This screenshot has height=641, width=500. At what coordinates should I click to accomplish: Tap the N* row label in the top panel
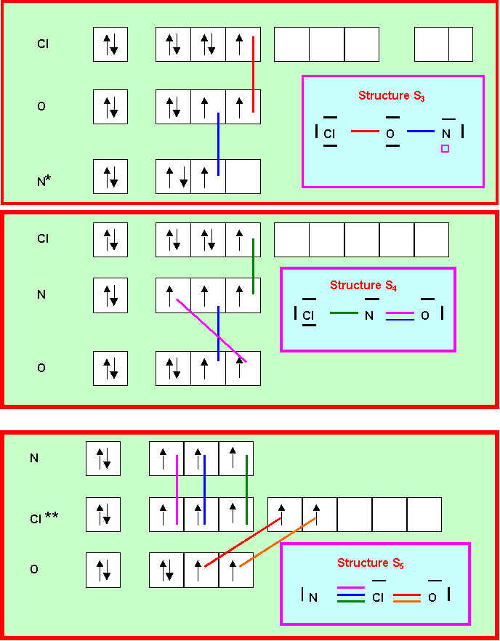pyautogui.click(x=44, y=178)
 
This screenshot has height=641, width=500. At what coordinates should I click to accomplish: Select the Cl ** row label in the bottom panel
pyautogui.click(x=44, y=517)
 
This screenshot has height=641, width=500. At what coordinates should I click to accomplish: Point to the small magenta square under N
pyautogui.click(x=445, y=148)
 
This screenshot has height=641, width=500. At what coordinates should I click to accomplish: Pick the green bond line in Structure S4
pyautogui.click(x=343, y=314)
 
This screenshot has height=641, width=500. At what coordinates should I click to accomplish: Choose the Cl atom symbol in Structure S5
pyautogui.click(x=378, y=598)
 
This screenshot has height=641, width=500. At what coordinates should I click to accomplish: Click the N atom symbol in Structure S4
pyautogui.click(x=369, y=316)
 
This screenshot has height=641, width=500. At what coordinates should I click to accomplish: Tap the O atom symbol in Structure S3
pyautogui.click(x=390, y=134)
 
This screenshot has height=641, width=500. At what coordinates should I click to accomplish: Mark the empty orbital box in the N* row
pyautogui.click(x=243, y=177)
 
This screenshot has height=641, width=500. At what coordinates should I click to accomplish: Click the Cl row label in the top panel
pyautogui.click(x=43, y=44)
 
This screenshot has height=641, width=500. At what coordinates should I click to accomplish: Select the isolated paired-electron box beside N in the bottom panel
pyautogui.click(x=103, y=459)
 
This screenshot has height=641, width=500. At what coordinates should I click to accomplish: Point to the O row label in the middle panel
pyautogui.click(x=41, y=368)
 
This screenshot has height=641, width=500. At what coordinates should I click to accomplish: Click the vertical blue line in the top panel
pyautogui.click(x=218, y=144)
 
